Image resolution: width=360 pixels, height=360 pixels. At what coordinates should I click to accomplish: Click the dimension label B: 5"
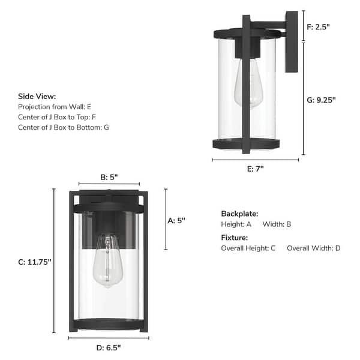(x=109, y=177)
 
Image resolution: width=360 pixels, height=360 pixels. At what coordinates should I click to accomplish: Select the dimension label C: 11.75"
(x=35, y=262)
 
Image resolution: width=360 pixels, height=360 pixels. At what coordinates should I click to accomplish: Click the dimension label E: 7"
(x=255, y=169)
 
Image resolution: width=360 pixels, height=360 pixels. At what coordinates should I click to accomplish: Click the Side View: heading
(x=37, y=96)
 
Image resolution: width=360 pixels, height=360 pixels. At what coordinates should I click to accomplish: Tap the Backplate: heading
(x=239, y=214)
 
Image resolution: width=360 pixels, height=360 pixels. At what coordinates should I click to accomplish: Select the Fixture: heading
(x=234, y=238)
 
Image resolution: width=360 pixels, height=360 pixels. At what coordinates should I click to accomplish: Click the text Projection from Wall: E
(x=55, y=106)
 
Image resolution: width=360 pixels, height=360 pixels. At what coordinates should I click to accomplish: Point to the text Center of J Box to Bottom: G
(x=64, y=127)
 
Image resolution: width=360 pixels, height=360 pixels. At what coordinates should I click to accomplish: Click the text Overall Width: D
(x=313, y=248)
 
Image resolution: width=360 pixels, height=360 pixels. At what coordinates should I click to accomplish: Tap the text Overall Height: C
(x=248, y=248)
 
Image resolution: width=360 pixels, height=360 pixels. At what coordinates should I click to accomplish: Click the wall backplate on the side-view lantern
(x=292, y=42)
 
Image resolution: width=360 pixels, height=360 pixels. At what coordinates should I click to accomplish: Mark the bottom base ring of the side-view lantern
(x=246, y=144)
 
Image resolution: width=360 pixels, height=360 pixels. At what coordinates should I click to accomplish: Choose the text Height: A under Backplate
(x=236, y=224)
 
